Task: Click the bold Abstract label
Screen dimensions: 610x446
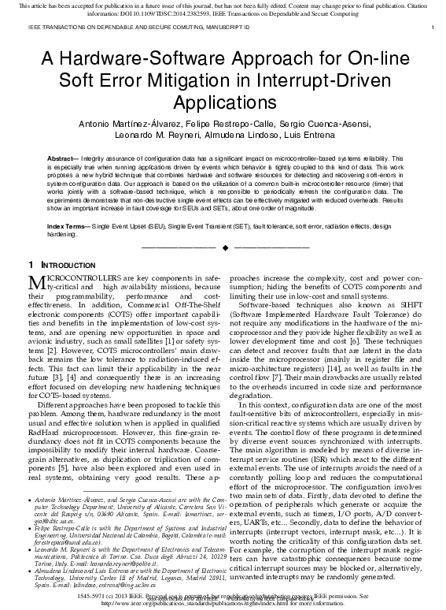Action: pyautogui.click(x=63, y=158)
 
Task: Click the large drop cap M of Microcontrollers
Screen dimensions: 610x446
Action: pyautogui.click(x=35, y=283)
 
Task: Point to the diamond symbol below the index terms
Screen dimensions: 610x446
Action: pyautogui.click(x=223, y=247)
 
